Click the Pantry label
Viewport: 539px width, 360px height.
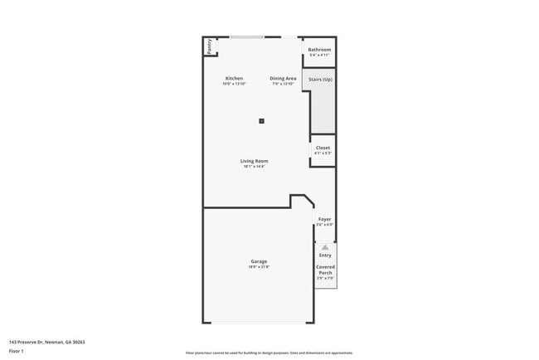click(210, 46)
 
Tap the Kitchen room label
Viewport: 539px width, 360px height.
click(234, 78)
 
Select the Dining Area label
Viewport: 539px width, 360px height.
click(283, 78)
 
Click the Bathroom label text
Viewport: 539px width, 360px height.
click(319, 50)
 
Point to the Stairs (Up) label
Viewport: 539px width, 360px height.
click(321, 79)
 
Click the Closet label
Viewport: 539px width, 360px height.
click(323, 148)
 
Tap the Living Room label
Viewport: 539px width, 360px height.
click(255, 161)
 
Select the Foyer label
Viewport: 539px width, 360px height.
click(324, 219)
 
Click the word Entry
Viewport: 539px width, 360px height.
click(325, 255)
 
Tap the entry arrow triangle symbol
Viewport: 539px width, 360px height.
click(325, 247)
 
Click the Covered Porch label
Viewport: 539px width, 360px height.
click(325, 270)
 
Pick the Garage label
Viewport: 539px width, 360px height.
click(258, 261)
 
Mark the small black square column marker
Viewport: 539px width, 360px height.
click(261, 120)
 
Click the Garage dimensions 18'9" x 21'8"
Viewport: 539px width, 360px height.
click(258, 267)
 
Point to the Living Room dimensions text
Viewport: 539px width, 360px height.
click(255, 167)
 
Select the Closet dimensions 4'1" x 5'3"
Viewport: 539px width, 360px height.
click(323, 153)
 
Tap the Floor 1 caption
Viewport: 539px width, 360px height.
click(17, 351)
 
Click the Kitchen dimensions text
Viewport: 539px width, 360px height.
click(234, 84)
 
